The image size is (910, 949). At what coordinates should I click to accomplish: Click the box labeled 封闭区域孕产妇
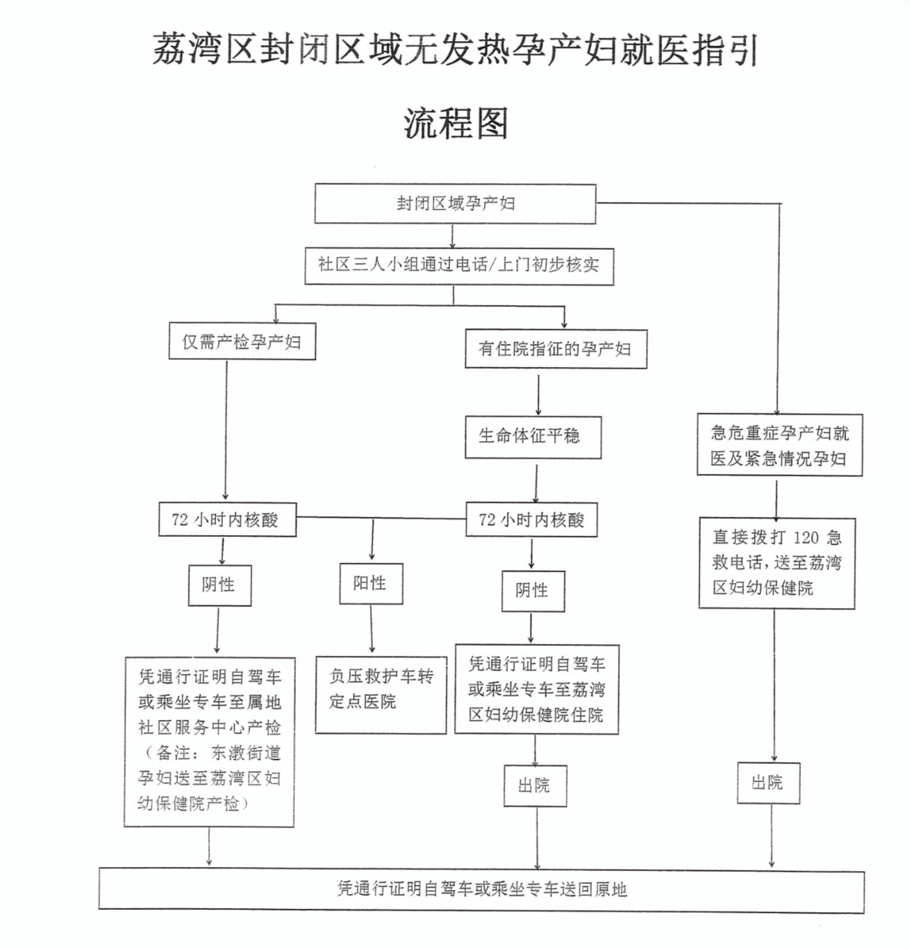(455, 204)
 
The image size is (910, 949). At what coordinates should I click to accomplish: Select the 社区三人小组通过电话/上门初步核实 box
(458, 265)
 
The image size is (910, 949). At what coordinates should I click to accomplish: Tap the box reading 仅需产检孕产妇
(242, 341)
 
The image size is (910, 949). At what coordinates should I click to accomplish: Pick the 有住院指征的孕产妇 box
(555, 349)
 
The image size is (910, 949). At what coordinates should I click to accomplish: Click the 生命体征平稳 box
(533, 436)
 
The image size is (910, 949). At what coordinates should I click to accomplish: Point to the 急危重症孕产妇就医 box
(779, 445)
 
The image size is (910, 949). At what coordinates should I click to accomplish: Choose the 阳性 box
(370, 583)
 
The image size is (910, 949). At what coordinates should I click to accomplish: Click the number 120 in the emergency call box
(806, 537)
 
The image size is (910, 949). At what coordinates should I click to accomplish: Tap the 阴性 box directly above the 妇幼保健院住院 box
(532, 591)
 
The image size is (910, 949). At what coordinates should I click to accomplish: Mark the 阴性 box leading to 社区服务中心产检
(220, 584)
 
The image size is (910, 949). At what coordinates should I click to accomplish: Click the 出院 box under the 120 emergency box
(768, 783)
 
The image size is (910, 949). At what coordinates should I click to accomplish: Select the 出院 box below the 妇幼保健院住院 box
(534, 785)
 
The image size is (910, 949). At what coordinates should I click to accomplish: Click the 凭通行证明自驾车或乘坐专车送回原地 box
(481, 889)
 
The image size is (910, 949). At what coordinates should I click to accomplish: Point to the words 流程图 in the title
(456, 124)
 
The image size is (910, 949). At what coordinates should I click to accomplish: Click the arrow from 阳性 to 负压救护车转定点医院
(372, 629)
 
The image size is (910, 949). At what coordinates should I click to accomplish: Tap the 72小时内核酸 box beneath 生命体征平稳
(531, 520)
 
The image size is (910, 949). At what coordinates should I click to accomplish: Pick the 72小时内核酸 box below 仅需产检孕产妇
(227, 520)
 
